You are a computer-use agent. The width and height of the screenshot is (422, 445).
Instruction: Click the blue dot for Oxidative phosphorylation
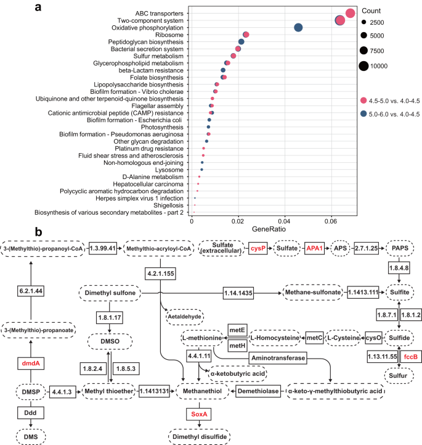(298, 28)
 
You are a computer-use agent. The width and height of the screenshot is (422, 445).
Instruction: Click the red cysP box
(240, 248)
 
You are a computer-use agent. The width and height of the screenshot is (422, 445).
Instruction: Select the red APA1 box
(314, 248)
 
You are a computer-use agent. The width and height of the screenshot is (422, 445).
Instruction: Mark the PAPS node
(400, 248)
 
